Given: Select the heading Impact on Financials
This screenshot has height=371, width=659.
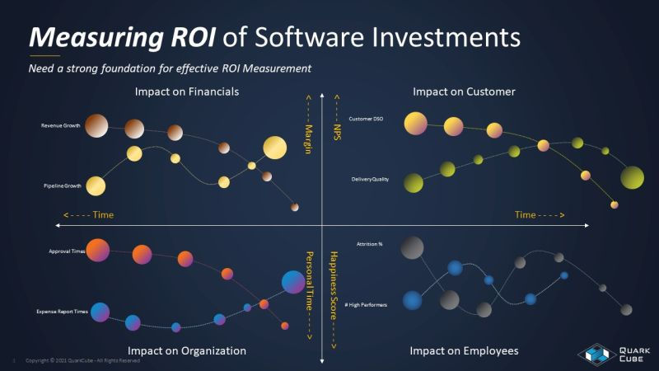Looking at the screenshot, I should (187, 92).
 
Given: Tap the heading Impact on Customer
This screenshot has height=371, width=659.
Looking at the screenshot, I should (464, 92).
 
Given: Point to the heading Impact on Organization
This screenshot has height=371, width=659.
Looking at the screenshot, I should (187, 350).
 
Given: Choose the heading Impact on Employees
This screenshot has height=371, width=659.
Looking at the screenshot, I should (464, 350).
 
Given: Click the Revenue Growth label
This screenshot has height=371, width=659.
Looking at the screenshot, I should (60, 126).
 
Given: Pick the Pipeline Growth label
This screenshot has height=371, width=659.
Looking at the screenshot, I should (60, 186).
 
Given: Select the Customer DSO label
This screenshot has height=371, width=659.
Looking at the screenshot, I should (366, 120).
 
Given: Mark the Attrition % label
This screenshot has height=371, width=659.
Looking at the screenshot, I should (369, 244).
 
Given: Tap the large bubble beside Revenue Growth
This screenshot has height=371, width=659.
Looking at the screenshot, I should (96, 125).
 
